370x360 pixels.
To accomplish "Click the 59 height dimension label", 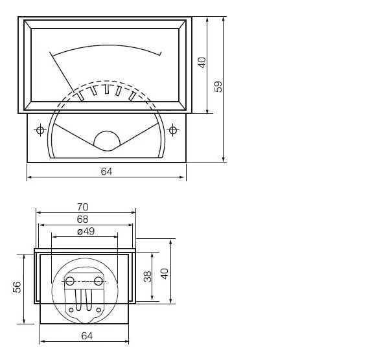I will click(x=218, y=86).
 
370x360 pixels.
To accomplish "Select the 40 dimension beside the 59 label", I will click(x=202, y=63).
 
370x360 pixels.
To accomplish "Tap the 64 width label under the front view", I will click(x=106, y=171).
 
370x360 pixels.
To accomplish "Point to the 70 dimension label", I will click(x=82, y=207).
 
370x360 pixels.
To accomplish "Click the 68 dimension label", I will click(x=82, y=219).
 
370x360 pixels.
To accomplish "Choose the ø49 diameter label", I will click(x=86, y=231).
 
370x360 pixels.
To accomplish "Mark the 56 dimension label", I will click(x=17, y=286).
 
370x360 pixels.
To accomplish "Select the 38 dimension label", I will click(x=147, y=276).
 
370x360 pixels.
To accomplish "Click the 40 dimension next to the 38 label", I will click(x=164, y=273).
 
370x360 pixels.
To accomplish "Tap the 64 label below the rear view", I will click(x=87, y=335).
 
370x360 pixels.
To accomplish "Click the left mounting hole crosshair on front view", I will click(x=40, y=130).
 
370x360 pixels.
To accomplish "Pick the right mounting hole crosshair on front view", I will click(x=173, y=130).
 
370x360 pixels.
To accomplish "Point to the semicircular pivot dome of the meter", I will click(x=107, y=140).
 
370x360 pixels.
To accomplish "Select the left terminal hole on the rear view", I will click(x=70, y=280).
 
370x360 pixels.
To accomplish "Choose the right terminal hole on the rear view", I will click(x=98, y=280).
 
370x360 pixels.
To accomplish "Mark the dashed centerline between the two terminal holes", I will click(x=84, y=281).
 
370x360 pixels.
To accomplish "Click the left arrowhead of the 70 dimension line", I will click(x=38, y=212).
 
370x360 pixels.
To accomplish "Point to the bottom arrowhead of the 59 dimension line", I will click(x=224, y=159).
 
